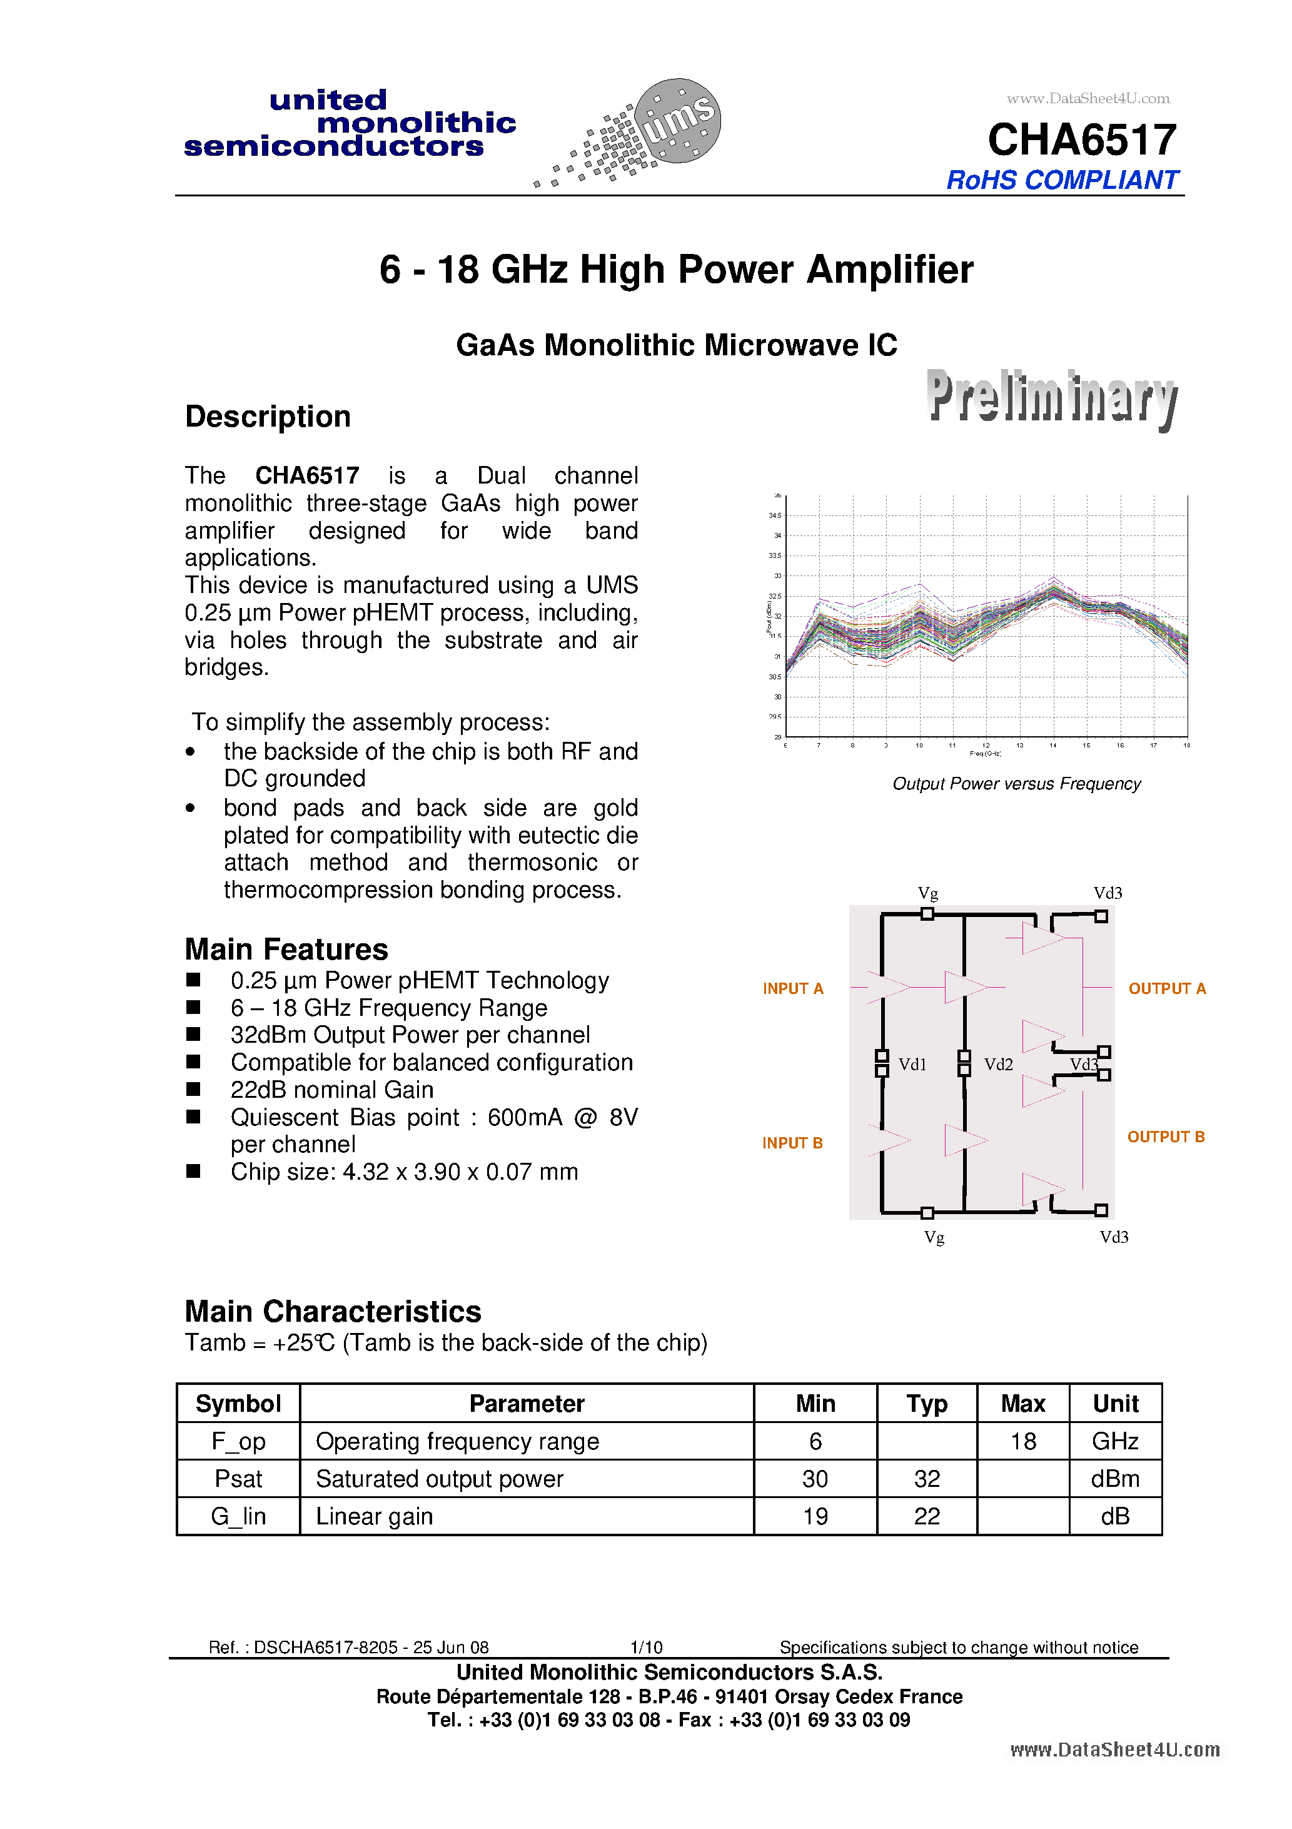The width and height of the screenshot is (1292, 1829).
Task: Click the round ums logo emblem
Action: [x=678, y=121]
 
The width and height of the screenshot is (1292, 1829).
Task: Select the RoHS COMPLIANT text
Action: [x=1062, y=180]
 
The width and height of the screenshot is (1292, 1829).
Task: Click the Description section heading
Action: [x=268, y=417]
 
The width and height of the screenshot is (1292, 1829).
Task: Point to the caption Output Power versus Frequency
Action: [x=1016, y=784]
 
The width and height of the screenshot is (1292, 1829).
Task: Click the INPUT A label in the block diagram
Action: [x=792, y=988]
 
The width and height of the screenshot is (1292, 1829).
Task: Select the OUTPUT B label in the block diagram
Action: [x=1165, y=1137]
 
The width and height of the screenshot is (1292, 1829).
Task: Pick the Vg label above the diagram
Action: [x=927, y=893]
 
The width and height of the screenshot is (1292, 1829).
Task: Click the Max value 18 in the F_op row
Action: [x=1022, y=1441]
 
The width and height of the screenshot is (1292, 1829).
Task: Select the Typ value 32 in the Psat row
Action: [x=926, y=1479]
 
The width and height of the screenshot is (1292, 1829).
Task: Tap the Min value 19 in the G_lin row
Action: [x=815, y=1516]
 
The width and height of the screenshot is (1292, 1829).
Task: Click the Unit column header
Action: [x=1115, y=1404]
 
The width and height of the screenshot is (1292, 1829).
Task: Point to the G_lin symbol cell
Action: [x=238, y=1516]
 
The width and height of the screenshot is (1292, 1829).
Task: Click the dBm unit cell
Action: [x=1115, y=1479]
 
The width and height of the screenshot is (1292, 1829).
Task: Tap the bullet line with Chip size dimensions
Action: [x=404, y=1172]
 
